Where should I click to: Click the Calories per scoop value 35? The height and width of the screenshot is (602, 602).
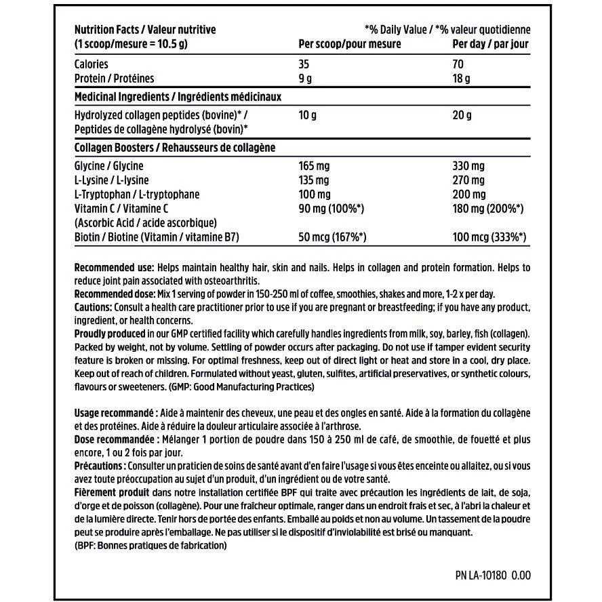tap(305, 64)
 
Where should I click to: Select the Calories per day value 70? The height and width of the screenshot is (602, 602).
tap(459, 64)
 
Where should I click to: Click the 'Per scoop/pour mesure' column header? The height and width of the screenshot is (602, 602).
tap(350, 44)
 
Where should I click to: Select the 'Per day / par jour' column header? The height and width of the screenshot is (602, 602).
tap(490, 44)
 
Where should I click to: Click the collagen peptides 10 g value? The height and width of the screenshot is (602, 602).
tap(308, 115)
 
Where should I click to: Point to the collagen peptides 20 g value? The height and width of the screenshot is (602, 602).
tap(462, 115)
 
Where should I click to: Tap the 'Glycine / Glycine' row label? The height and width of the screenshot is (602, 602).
tap(108, 166)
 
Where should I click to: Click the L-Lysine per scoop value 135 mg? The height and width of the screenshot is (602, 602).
tap(314, 180)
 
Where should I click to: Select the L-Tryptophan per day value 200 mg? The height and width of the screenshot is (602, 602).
tap(468, 195)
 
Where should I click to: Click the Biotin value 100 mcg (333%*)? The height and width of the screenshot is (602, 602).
tap(489, 237)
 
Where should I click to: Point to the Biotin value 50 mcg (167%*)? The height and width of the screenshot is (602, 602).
tap(333, 237)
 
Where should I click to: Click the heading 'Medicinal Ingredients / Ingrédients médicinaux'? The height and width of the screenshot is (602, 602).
tap(177, 97)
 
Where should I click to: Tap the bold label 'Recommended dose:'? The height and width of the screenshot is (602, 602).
tap(113, 294)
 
